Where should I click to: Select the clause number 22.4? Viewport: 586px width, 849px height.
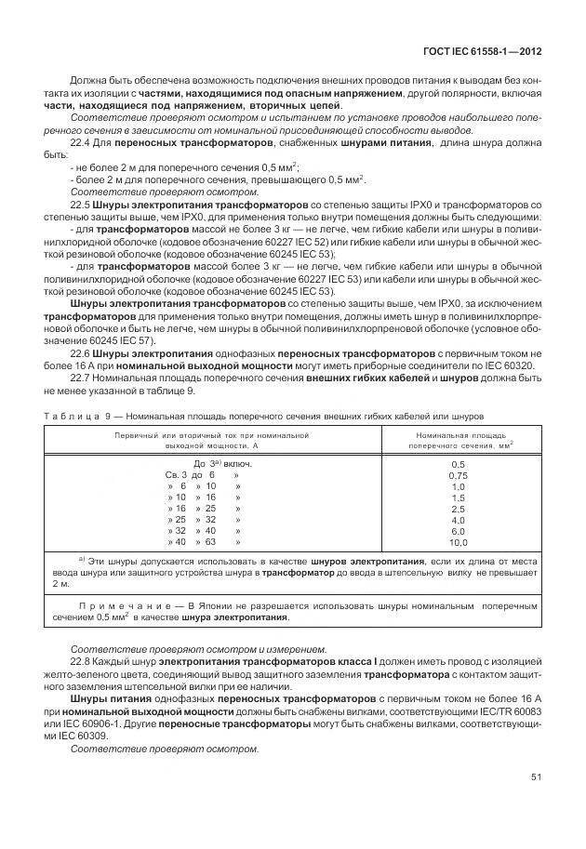tap(82, 145)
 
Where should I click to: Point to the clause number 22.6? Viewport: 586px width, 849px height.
tap(82, 354)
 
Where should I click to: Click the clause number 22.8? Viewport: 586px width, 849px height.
tap(82, 661)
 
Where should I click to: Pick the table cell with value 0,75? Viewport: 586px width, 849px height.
tap(458, 474)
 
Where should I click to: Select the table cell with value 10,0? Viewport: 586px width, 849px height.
tap(458, 541)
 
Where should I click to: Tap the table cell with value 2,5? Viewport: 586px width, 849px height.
tap(458, 508)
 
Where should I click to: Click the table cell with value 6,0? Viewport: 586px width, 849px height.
tap(458, 530)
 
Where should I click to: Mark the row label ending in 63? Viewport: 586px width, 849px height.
tap(203, 541)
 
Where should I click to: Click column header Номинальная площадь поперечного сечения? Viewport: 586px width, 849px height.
tap(460, 440)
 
